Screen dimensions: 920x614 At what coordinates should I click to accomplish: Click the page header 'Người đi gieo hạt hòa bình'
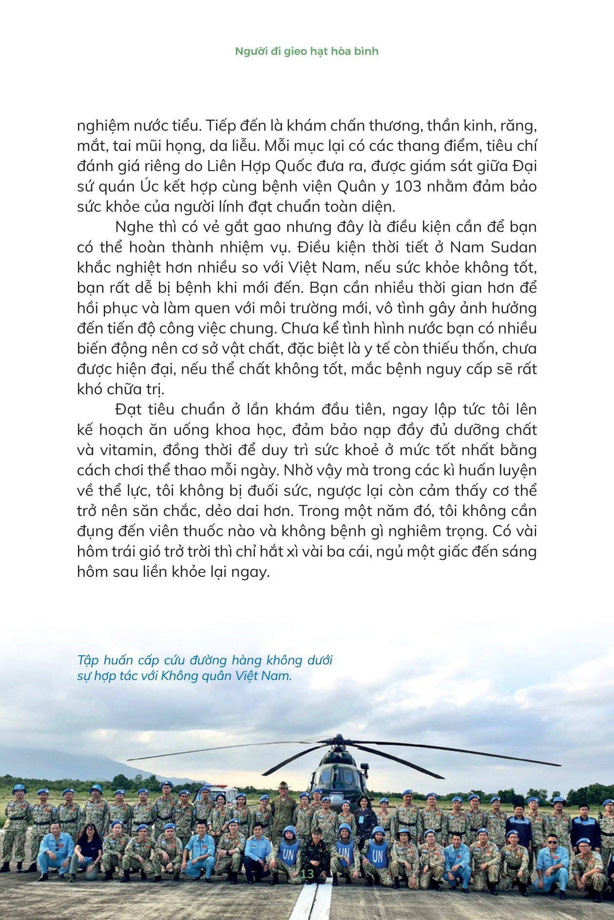coord(307,51)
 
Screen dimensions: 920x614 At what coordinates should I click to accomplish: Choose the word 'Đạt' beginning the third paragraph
coord(130,409)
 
